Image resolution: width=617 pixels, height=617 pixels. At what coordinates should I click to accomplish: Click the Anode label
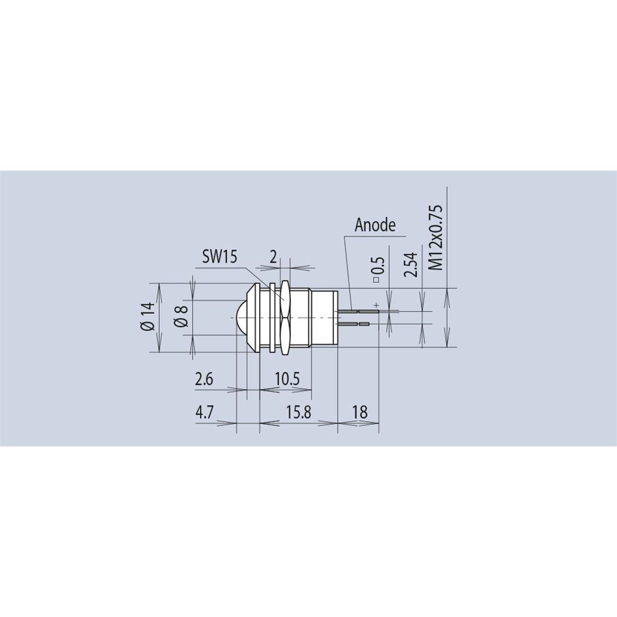pyautogui.click(x=375, y=225)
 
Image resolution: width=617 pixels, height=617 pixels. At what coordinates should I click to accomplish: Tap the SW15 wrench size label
pyautogui.click(x=219, y=257)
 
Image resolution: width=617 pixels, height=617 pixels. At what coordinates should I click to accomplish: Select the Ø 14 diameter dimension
pyautogui.click(x=148, y=316)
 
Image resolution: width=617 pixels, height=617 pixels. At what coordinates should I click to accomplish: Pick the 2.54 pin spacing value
pyautogui.click(x=410, y=265)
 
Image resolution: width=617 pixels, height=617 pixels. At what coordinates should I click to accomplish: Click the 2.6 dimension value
pyautogui.click(x=204, y=380)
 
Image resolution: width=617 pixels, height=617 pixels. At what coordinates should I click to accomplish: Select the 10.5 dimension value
pyautogui.click(x=287, y=380)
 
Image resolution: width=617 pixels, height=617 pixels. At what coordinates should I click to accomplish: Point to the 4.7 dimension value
pyautogui.click(x=204, y=412)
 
